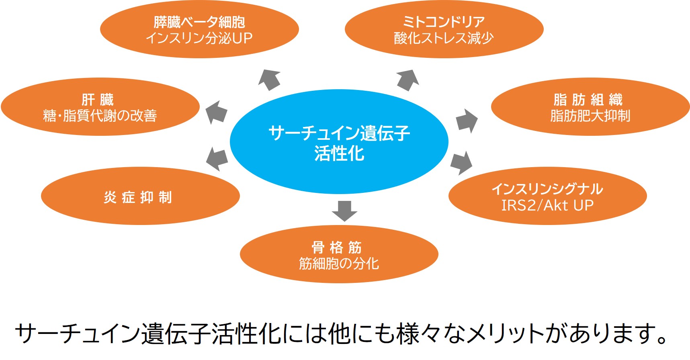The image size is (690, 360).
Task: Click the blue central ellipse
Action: coord(339,142)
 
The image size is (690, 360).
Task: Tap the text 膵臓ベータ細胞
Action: coord(199,22)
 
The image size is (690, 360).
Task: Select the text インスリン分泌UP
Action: coord(199,38)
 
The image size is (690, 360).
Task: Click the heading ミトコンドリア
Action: coord(444,22)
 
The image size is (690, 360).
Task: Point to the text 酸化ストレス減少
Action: coord(444,38)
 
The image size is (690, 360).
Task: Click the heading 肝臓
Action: coord(98,99)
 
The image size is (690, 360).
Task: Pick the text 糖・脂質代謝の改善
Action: coord(100,116)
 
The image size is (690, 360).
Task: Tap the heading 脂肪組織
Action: coord(588,99)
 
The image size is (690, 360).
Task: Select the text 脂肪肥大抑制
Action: coord(590,116)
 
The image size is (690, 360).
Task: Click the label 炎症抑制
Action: coord(138,197)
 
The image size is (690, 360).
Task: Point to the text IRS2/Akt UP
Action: coord(547,205)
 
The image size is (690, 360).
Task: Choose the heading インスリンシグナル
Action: coord(547,189)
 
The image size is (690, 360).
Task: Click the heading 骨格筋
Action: coord(337,247)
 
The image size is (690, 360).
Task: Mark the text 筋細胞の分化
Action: coord(339,264)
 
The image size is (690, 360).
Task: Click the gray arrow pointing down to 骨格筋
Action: coord(344,211)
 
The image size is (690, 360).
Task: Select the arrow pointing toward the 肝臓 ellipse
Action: coord(216,112)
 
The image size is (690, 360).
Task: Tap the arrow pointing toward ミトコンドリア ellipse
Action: coord(407,80)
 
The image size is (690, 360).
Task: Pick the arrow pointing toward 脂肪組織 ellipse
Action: coord(467,121)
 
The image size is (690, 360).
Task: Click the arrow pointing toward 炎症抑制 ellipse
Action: coord(217,159)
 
